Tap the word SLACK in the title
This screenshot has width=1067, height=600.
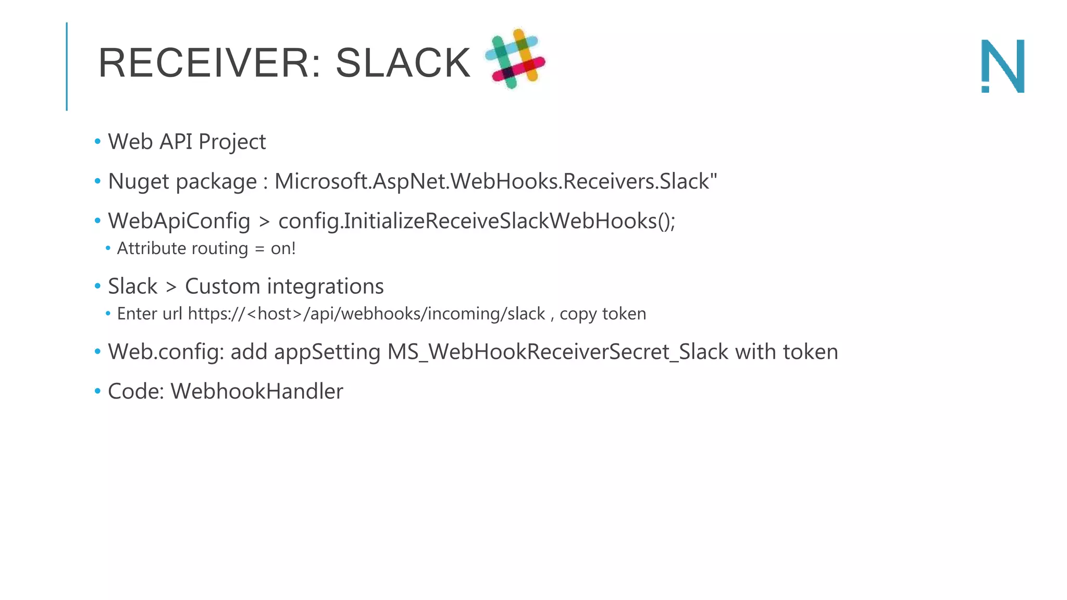point(403,64)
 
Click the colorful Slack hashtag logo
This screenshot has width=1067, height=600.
point(515,58)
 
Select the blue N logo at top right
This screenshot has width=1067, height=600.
point(1003,66)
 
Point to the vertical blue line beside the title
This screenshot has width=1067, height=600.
point(67,66)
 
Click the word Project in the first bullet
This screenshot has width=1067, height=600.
point(232,142)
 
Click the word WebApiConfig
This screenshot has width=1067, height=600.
point(179,221)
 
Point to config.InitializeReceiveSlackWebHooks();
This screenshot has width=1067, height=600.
point(477,221)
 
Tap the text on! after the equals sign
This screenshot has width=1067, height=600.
point(283,248)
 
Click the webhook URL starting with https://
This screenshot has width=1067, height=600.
point(366,314)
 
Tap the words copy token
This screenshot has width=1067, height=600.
point(603,314)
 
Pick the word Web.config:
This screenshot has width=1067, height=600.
point(166,352)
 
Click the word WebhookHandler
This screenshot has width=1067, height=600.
point(257,392)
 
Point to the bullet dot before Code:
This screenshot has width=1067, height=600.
point(97,391)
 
